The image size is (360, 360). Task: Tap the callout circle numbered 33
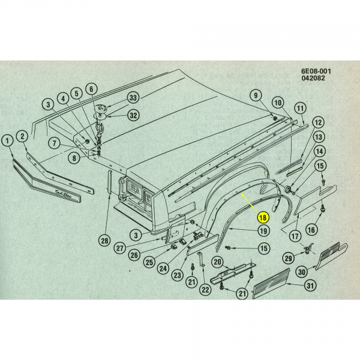point(133,98)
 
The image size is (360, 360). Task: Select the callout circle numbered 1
point(7,141)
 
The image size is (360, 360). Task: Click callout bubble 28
point(105,241)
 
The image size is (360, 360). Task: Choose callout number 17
point(295,236)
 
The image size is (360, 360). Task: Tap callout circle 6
point(91,89)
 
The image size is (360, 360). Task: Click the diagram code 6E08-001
point(316,71)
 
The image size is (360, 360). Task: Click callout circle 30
point(302,271)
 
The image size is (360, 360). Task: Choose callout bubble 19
point(263,231)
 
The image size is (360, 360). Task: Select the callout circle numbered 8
point(73,158)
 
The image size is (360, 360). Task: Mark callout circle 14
point(320,151)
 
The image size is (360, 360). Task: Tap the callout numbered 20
point(217,261)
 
